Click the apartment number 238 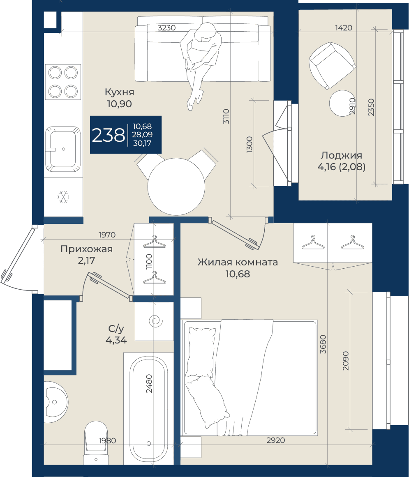109,135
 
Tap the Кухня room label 119,92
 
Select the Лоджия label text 342,155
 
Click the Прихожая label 86,249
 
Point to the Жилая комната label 238,262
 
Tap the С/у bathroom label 116,329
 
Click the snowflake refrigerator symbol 63,197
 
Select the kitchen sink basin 63,149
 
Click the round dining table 176,187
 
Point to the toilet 96,442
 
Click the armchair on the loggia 332,65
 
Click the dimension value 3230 166,28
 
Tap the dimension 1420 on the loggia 344,28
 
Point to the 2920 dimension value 276,440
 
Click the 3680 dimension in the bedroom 323,344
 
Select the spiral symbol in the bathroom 156,321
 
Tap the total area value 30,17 142,143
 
